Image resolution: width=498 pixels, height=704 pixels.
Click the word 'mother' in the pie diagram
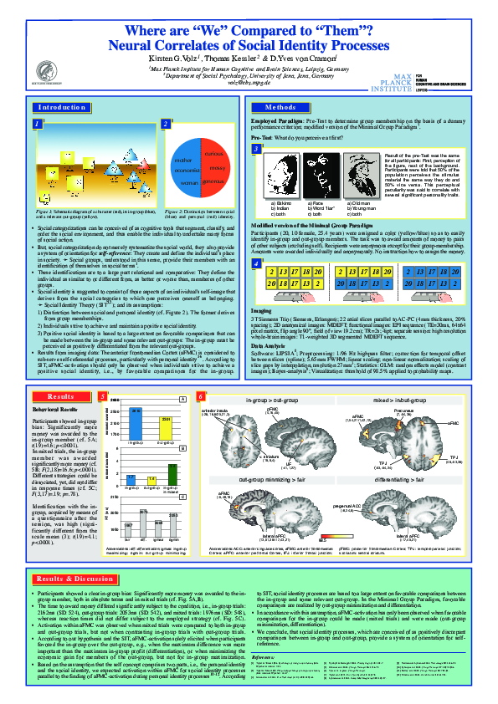coord(183,159)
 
